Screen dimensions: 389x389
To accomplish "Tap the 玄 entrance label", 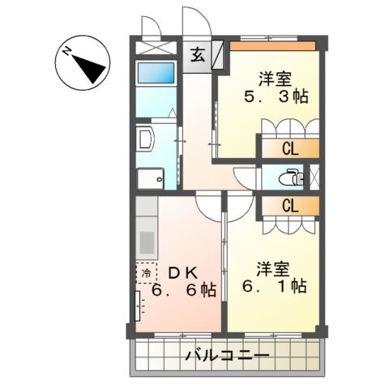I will coord(198,56).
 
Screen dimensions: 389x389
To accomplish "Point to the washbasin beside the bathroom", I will coord(144,139).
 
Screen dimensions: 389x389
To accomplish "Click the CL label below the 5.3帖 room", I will coord(289,148).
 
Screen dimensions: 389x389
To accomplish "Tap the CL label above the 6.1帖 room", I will coord(289,206).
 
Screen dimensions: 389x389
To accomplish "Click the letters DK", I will coord(183,271).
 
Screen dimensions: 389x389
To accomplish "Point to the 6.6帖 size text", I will coord(183,290).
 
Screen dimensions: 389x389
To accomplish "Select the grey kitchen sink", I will coord(147,242).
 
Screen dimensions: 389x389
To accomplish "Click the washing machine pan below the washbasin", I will coord(150,178).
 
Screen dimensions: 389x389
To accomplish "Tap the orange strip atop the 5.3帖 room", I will coord(272,45).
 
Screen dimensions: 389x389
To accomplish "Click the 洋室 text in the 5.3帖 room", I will coord(275,79).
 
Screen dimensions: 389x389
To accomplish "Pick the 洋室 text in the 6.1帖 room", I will coord(274,265).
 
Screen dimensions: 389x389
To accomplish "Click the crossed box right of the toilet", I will coord(315,177).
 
